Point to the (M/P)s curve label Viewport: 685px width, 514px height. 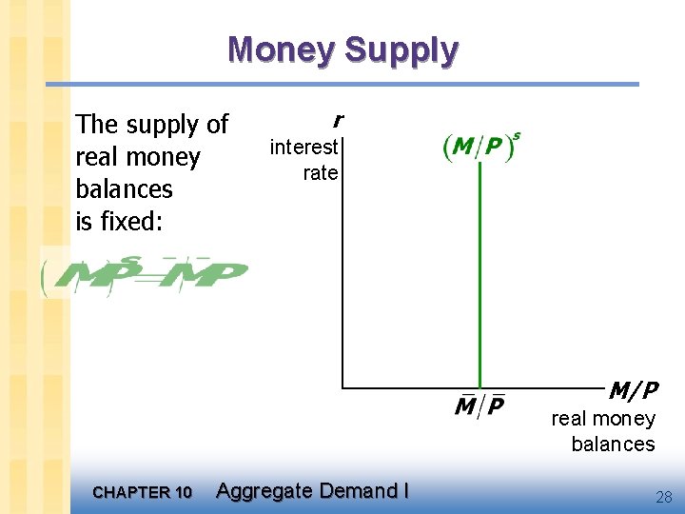pos(481,148)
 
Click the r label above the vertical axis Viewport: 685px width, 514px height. pos(337,120)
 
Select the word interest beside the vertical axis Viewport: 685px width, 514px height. pos(303,147)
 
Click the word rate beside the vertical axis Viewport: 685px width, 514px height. pos(321,172)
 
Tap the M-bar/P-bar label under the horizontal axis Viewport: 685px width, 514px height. pos(479,405)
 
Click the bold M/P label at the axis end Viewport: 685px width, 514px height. pos(633,390)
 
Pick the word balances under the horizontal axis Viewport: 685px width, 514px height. pos(613,444)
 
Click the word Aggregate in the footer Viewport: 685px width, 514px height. pos(264,491)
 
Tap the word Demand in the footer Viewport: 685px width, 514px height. pos(358,491)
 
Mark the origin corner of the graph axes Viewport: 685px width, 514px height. pos(342,387)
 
